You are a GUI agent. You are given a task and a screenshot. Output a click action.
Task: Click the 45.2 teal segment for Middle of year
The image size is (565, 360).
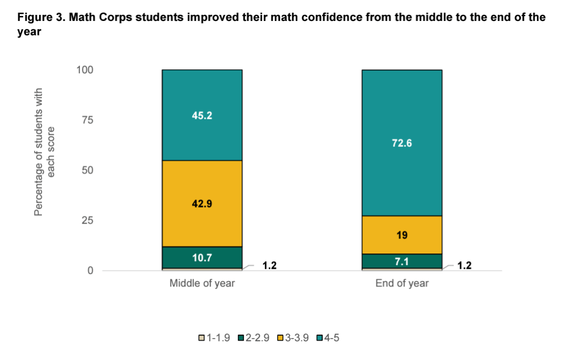point(202,115)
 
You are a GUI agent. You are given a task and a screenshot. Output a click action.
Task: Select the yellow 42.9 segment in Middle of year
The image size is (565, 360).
point(202,203)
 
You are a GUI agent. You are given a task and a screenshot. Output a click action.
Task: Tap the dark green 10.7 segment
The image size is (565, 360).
point(202,257)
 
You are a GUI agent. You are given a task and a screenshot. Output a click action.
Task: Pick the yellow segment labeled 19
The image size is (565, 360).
point(402,235)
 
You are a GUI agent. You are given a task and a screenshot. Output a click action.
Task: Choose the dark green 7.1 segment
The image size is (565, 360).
point(402,261)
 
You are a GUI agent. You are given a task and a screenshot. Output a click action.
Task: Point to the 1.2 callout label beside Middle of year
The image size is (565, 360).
point(269,266)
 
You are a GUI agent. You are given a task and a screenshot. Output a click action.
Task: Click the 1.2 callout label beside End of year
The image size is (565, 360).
point(465,266)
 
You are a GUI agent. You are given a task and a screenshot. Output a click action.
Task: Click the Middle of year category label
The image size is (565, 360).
point(202,284)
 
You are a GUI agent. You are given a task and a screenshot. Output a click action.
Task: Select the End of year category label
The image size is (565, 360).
point(402,284)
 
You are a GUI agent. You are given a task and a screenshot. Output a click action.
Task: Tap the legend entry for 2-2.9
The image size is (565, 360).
point(253,338)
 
